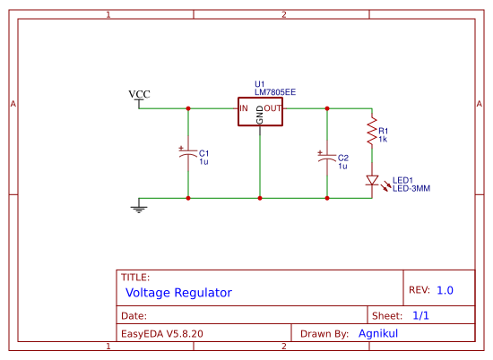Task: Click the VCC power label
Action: [139, 94]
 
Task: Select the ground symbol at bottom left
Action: [139, 208]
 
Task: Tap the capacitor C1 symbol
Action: [188, 153]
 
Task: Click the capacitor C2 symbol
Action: [327, 159]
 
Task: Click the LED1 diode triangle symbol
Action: [371, 181]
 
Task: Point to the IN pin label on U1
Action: [244, 108]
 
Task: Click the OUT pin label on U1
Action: [272, 108]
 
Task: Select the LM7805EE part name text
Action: [274, 91]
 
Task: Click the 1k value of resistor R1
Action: [382, 140]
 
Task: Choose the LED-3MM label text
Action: [411, 189]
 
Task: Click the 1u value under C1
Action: [203, 161]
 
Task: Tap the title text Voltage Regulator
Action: [178, 293]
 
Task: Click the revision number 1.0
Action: [445, 290]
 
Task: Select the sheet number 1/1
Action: [421, 316]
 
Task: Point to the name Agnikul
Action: [377, 333]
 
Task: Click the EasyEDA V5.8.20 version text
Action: [162, 333]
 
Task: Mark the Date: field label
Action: [134, 316]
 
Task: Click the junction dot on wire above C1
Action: [188, 108]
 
